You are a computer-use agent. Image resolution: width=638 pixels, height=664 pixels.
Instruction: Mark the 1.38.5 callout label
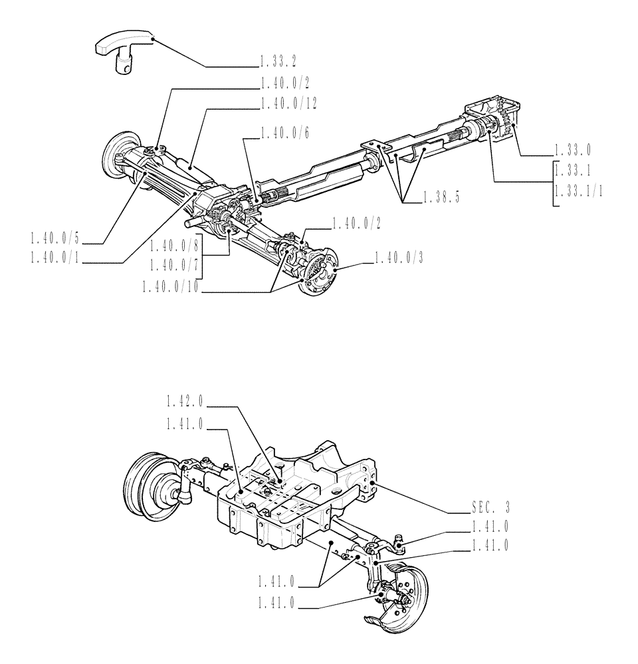[x=442, y=198]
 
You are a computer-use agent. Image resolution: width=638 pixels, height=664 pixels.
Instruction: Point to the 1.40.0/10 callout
[x=171, y=287]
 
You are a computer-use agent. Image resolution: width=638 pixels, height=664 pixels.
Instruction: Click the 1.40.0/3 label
[x=399, y=258]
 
